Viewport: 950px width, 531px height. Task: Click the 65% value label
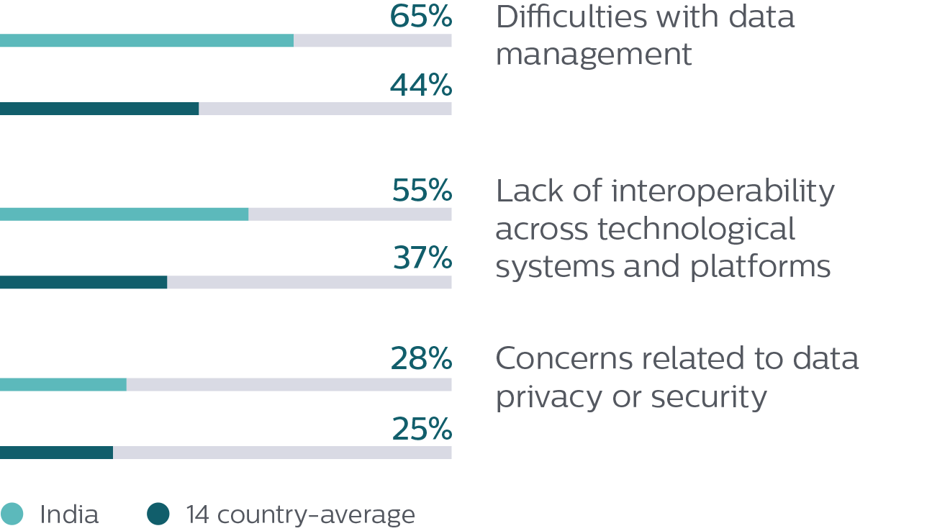[421, 17]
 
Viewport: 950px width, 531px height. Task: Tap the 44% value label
[421, 86]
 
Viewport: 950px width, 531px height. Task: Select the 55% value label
[422, 191]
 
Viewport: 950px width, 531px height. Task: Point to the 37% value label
[422, 258]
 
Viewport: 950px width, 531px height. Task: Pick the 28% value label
[421, 359]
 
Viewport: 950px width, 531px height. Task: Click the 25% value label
[422, 430]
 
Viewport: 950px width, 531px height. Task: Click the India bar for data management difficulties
[147, 41]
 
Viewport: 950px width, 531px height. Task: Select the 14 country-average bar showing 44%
[99, 109]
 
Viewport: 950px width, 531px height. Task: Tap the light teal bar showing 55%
[124, 214]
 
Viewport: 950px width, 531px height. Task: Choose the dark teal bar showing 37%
[83, 283]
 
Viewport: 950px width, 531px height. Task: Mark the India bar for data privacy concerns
[63, 385]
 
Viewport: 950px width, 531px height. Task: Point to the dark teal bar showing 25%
[56, 453]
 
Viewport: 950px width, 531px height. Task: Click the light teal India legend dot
[13, 514]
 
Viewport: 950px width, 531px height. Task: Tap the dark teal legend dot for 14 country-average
[158, 514]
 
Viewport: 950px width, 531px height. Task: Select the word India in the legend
[69, 515]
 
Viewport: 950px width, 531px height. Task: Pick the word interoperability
[723, 192]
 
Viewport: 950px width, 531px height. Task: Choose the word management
[594, 54]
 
